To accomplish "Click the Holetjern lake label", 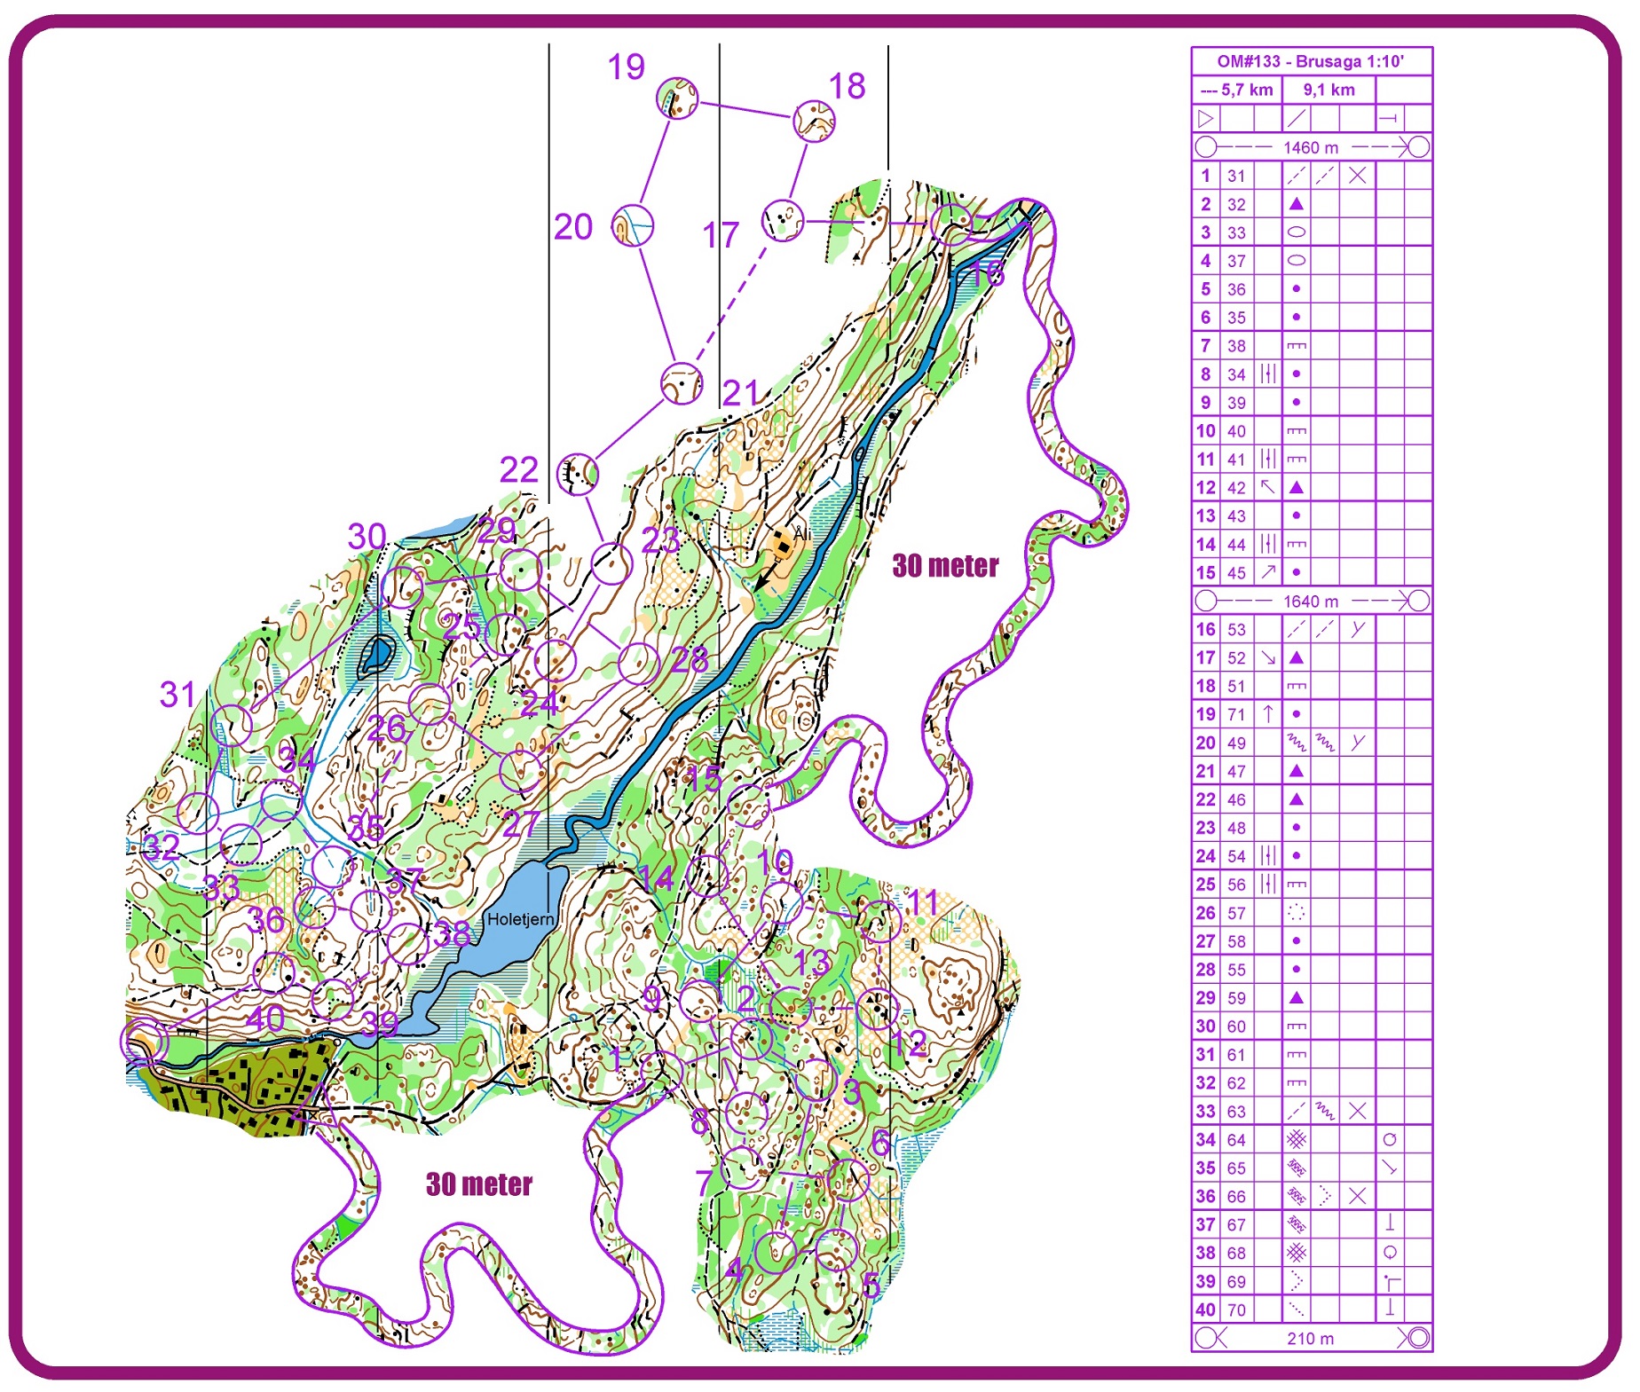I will [519, 919].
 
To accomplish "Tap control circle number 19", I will [677, 98].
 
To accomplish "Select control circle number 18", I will [813, 122].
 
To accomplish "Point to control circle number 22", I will [577, 474].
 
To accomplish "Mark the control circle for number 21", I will [682, 383].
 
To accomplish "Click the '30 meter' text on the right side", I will [945, 565].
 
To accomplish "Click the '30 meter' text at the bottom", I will [478, 1184].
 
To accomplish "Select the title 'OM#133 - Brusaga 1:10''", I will [1310, 61].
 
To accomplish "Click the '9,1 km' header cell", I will [1329, 90].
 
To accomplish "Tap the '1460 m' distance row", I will [1310, 147].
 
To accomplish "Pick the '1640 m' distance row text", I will [1310, 601].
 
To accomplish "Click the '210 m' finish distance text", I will [1310, 1338].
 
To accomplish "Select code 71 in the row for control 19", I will [1236, 714].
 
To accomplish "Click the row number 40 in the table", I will [1205, 1309].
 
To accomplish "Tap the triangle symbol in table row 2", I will [1296, 204].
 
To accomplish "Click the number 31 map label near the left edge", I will [177, 694].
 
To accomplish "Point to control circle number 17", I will [783, 219].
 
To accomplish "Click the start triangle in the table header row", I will [1205, 118].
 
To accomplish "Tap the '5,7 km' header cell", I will [1237, 90].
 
